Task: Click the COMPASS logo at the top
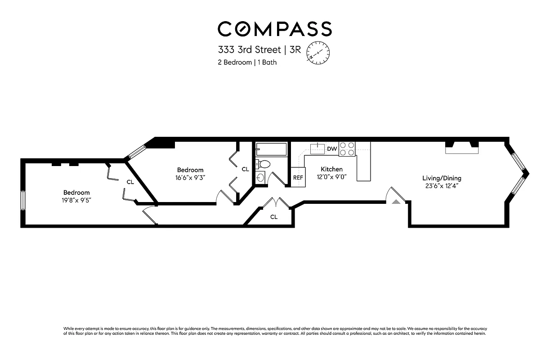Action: click(275, 29)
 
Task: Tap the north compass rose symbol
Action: click(318, 53)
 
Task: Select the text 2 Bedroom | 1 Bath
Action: click(247, 63)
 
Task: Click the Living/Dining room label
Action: click(442, 178)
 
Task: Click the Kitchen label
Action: click(331, 169)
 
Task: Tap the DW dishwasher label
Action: click(332, 149)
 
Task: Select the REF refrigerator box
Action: click(298, 177)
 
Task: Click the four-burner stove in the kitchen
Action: click(347, 149)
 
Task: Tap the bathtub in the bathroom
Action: click(271, 149)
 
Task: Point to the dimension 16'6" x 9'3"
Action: click(190, 178)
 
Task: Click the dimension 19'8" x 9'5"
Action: click(76, 200)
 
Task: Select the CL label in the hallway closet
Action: click(274, 217)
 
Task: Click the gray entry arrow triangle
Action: click(396, 202)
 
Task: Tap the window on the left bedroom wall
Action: click(22, 200)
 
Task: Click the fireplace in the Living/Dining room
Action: click(462, 148)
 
